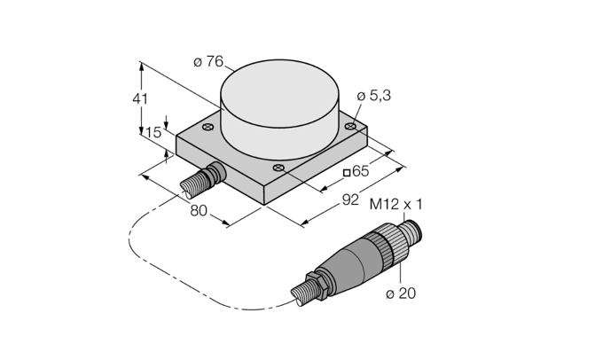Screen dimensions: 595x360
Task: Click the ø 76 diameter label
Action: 208,61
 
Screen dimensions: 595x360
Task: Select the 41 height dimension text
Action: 140,99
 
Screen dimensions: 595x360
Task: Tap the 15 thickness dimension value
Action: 153,133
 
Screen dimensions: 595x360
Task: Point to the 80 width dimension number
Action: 199,210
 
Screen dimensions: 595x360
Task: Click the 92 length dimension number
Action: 350,200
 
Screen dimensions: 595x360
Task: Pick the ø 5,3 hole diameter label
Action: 374,96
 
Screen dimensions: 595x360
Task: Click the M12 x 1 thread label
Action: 395,205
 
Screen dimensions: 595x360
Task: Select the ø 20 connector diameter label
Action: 401,293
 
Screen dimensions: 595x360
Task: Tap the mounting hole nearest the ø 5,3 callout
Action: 350,126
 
